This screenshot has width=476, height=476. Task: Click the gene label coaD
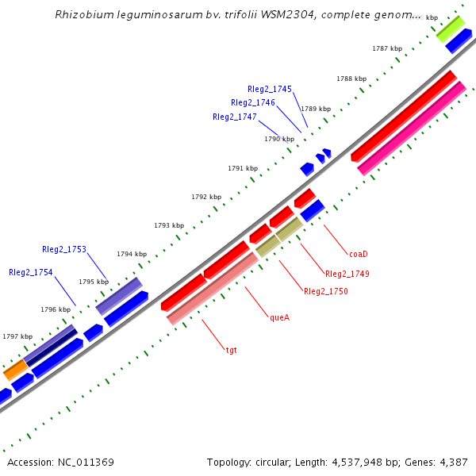tap(359, 254)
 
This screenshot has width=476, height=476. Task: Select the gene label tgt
tap(232, 349)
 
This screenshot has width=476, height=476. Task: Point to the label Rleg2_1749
tap(347, 274)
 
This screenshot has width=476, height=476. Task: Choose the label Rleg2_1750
tap(325, 292)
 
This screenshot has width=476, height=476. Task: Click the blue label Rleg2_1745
tap(270, 89)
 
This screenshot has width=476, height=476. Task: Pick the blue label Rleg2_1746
tap(253, 103)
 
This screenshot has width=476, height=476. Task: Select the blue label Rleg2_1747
tap(235, 117)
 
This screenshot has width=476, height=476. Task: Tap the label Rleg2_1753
tap(64, 249)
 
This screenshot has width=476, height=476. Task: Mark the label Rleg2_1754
tap(31, 272)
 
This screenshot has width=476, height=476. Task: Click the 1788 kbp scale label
tap(351, 79)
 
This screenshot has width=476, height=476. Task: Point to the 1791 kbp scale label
tap(243, 168)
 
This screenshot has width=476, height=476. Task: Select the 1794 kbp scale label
tap(132, 254)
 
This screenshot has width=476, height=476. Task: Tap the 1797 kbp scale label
tap(18, 336)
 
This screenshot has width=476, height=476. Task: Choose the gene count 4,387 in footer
tap(453, 462)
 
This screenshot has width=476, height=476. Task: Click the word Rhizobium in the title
tap(83, 15)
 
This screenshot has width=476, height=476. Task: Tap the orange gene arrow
tap(14, 370)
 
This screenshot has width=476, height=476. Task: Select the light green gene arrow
tap(450, 29)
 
